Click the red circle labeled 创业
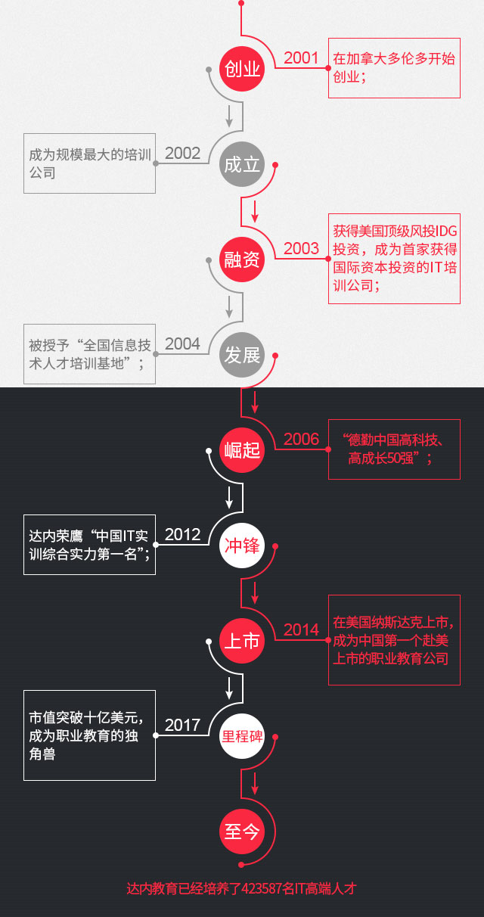[x=242, y=69]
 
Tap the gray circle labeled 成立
[x=242, y=164]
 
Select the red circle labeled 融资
[x=242, y=260]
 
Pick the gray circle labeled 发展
[x=242, y=355]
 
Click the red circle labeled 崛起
[x=242, y=450]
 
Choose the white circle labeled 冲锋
[x=242, y=546]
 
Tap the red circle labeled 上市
[x=242, y=641]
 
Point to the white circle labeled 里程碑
[x=242, y=736]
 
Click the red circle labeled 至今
[x=242, y=832]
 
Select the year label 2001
[x=301, y=58]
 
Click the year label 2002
[x=182, y=154]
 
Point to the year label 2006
[x=301, y=440]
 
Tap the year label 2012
[x=182, y=535]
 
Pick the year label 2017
[x=182, y=726]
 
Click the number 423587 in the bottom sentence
[x=262, y=888]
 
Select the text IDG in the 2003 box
[x=445, y=232]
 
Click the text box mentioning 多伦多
[x=395, y=68]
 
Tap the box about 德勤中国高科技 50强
[x=395, y=449]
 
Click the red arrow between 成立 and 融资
[x=255, y=211]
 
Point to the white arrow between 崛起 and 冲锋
[x=229, y=497]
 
